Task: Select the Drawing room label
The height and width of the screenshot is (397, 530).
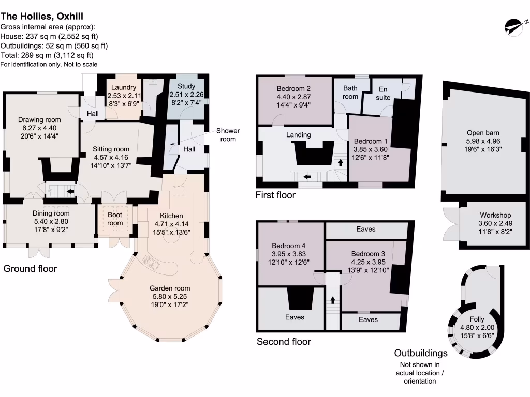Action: click(x=39, y=120)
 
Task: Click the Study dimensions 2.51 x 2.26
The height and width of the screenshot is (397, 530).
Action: click(x=186, y=95)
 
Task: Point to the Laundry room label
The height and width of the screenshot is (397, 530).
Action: click(x=123, y=87)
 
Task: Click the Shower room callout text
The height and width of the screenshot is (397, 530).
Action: click(x=228, y=135)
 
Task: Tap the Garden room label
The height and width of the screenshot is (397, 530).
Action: click(x=170, y=288)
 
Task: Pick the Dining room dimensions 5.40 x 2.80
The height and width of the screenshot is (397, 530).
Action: click(x=51, y=222)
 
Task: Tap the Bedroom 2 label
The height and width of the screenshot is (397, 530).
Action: click(x=293, y=88)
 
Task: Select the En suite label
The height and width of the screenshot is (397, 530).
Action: click(x=382, y=93)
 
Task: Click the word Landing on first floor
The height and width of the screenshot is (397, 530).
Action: click(x=299, y=135)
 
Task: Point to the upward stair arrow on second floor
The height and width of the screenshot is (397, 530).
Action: click(x=332, y=299)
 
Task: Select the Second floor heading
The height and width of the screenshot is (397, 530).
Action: click(x=284, y=342)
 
